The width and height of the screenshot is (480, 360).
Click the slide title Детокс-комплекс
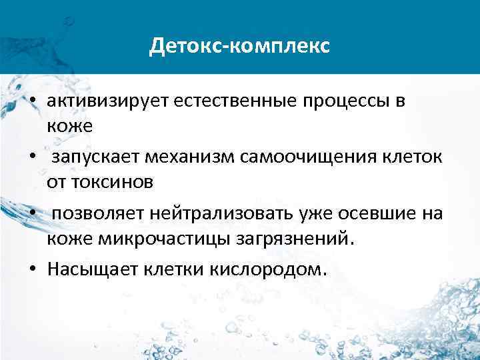click(239, 46)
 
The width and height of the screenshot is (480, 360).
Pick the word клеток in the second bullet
click(402, 158)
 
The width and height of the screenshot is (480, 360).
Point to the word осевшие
click(367, 214)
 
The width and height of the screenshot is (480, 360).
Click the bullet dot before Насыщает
click(33, 271)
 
